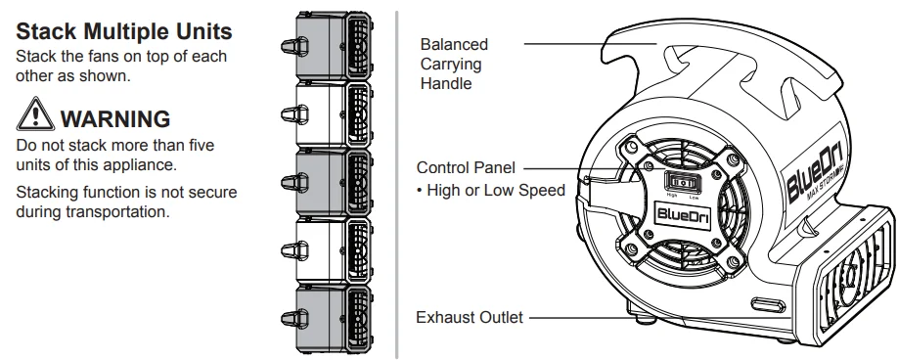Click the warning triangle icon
35,114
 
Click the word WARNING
115,119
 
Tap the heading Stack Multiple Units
123,31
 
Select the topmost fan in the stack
327,45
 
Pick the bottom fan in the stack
327,320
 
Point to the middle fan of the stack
327,183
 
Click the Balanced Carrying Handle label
454,65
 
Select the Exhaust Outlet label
469,317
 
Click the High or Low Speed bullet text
491,190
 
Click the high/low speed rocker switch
683,183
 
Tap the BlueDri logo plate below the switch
683,214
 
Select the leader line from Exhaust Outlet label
660,317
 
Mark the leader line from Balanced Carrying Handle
590,43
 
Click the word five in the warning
199,145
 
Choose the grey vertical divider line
396,183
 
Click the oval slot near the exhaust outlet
767,305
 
